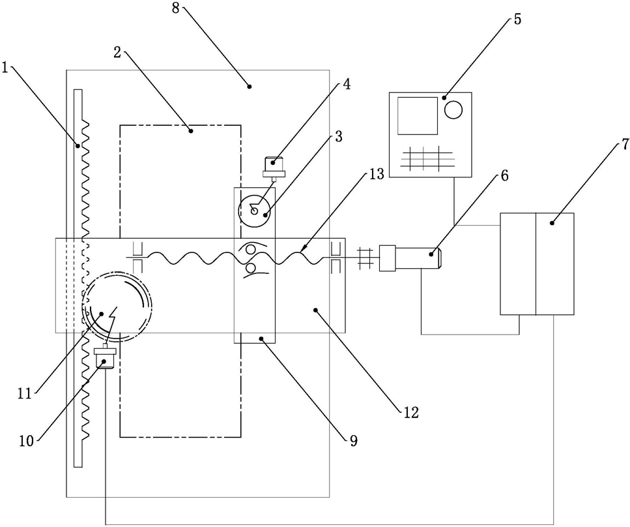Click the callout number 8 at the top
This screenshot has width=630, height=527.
(176, 8)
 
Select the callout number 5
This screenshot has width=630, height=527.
(517, 20)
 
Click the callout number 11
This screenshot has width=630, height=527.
(24, 393)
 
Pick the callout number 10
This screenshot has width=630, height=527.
(26, 441)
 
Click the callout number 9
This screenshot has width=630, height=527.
(353, 441)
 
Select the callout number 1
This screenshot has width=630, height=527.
(5, 68)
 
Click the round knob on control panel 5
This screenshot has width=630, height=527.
(453, 110)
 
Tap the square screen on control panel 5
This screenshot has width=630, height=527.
(418, 115)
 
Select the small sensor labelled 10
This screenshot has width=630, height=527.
(105, 358)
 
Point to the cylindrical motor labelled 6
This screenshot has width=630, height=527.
(410, 258)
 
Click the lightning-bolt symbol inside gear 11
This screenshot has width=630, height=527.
(113, 318)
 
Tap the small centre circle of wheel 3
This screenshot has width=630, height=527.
(254, 210)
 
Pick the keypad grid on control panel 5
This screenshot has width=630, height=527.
(427, 158)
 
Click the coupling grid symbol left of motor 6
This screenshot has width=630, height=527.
(365, 258)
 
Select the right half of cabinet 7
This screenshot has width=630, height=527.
(555, 264)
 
